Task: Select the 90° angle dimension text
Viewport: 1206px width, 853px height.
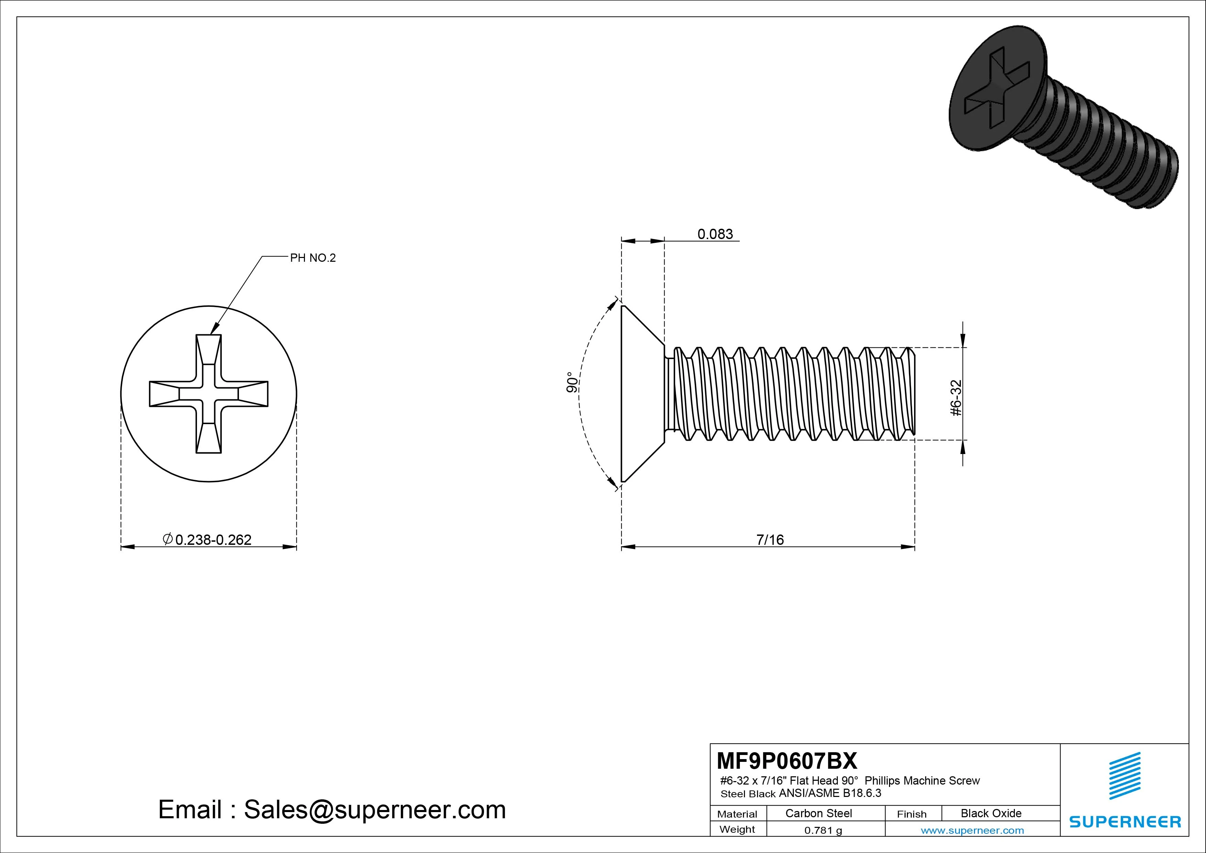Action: coord(572,382)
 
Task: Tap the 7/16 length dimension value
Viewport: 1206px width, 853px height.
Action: coord(770,540)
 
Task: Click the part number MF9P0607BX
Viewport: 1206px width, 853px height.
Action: coord(786,760)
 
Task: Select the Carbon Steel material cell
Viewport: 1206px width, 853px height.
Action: coord(818,813)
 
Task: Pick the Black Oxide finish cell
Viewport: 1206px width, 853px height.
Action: coord(991,813)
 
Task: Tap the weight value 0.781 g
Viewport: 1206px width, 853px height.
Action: coord(823,830)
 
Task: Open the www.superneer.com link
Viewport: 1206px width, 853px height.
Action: coord(972,830)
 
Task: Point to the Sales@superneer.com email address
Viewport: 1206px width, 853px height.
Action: coord(374,809)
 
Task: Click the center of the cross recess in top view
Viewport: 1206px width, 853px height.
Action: coord(209,393)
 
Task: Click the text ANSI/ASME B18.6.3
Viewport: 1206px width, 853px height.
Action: coord(830,793)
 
